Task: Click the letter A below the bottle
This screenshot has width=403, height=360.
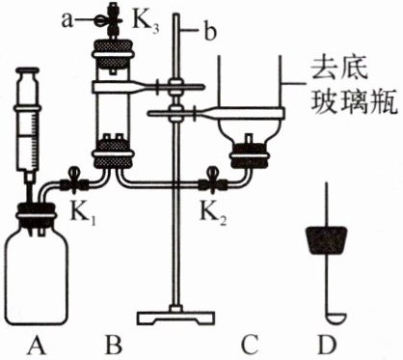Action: point(38,345)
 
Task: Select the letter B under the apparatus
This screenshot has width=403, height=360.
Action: point(114,345)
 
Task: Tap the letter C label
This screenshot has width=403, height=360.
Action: point(250,345)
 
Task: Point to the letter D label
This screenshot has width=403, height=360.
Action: point(327,345)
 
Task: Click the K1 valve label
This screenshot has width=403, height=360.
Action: point(83,214)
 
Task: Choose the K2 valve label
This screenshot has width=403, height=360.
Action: point(213,214)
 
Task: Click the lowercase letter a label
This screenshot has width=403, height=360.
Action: point(67,21)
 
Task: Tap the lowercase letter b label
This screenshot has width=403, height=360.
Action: point(210,32)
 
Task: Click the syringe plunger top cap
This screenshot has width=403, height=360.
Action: point(27,69)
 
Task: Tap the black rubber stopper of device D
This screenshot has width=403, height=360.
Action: point(327,240)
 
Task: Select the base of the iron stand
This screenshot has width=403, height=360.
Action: point(175,317)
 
